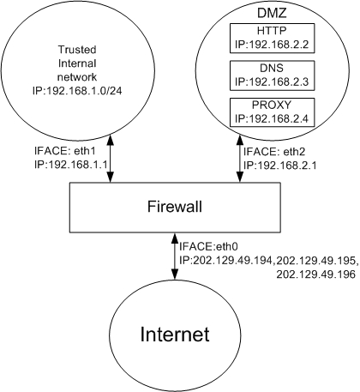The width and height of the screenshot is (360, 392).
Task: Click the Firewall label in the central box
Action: (175, 207)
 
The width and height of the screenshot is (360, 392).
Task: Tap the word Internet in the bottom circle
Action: (175, 335)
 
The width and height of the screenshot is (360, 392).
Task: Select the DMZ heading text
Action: (272, 13)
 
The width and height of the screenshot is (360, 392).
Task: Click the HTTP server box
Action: (272, 38)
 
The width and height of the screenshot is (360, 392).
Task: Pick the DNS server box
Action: (272, 75)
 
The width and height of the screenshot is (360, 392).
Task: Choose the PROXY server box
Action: (272, 112)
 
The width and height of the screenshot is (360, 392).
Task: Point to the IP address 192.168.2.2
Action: (279, 45)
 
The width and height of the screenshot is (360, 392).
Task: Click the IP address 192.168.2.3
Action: (279, 82)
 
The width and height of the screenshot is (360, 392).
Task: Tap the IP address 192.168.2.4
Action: (279, 119)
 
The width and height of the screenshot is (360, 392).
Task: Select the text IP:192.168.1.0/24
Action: (77, 91)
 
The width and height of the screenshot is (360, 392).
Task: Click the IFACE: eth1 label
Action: (64, 151)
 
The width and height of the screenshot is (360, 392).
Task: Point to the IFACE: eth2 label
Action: (274, 152)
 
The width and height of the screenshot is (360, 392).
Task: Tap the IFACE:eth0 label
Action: (208, 246)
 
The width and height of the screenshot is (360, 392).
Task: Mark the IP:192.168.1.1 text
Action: (70, 165)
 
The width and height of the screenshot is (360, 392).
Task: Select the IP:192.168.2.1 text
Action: (279, 166)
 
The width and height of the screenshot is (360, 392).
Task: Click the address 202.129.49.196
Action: (315, 274)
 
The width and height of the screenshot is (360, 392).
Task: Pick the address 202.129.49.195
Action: (316, 261)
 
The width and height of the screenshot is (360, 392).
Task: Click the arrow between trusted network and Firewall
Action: (110, 159)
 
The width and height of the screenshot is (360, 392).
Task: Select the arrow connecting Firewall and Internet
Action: (174, 256)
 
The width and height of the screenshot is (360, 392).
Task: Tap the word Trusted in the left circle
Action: (77, 50)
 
